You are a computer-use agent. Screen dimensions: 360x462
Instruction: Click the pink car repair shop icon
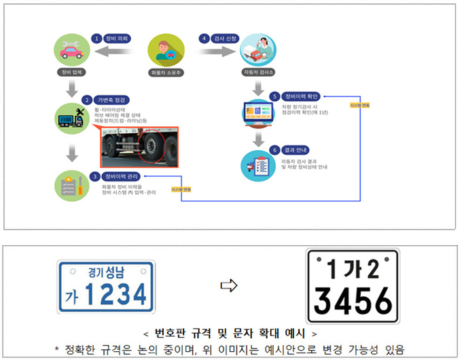[x=71, y=49]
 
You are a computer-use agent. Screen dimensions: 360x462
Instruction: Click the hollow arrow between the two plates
[x=231, y=286]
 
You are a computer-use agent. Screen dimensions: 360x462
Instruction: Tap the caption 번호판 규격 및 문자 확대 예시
[x=231, y=334]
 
